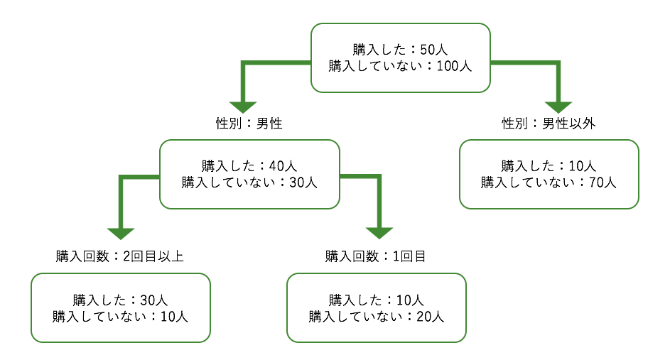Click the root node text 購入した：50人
coord(400,50)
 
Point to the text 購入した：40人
coord(249,166)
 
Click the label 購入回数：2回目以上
coord(120,256)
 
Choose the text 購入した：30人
coord(120,300)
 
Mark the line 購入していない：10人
coord(120,317)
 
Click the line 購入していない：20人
coord(376,317)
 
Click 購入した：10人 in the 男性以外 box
coord(549,166)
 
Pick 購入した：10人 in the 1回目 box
coord(376,300)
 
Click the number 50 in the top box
coord(427,50)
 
